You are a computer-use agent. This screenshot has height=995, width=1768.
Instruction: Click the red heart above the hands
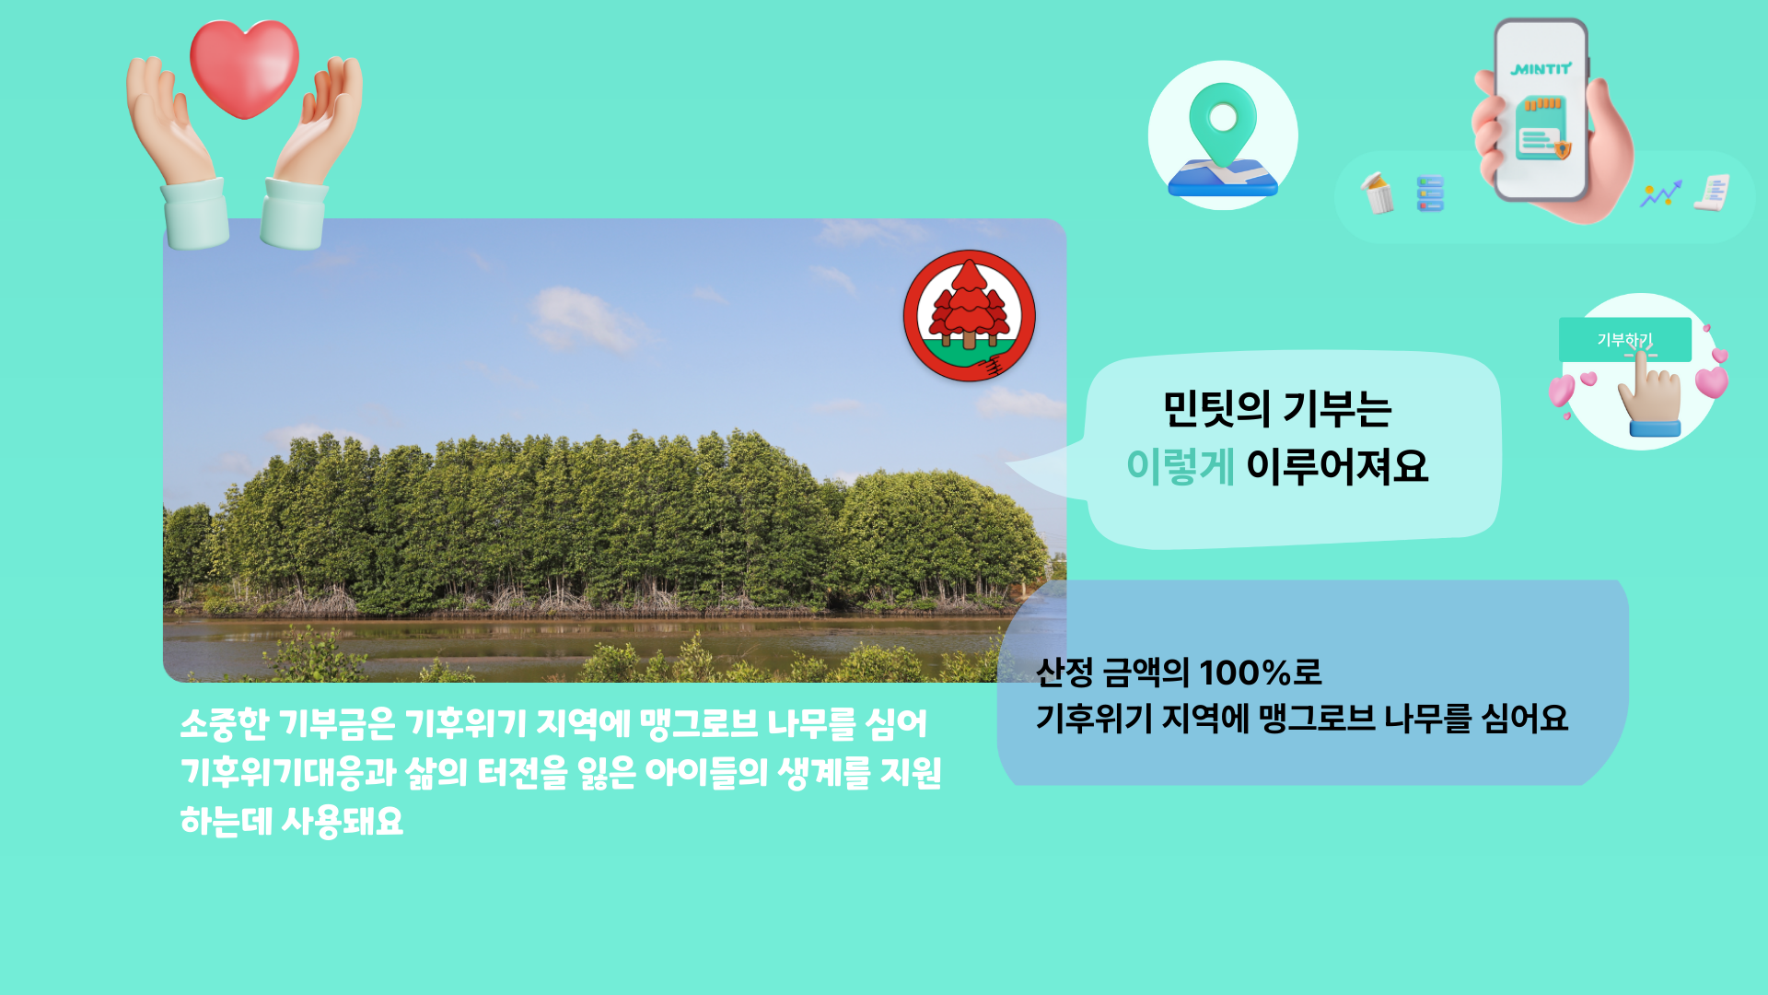tap(244, 69)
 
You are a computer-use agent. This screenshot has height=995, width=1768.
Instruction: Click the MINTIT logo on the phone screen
tap(1541, 69)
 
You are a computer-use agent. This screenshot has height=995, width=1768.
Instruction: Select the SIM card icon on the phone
tap(1541, 127)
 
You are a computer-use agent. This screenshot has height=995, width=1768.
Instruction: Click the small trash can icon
tap(1378, 193)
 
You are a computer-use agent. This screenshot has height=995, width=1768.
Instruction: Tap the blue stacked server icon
tap(1430, 193)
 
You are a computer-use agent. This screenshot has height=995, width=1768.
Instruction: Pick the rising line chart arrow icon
tap(1661, 193)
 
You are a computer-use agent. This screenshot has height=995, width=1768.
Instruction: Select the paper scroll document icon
tap(1712, 193)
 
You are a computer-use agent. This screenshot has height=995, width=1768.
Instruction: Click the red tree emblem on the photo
tap(970, 316)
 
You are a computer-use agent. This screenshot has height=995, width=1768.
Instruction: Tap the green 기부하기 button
tap(1625, 340)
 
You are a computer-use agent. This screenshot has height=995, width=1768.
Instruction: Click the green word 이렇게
tap(1181, 466)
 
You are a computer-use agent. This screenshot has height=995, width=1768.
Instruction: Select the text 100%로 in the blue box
tap(1261, 673)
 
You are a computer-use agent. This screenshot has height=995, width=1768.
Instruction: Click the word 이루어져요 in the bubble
tap(1337, 466)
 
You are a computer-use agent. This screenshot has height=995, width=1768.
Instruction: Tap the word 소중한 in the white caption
tap(224, 724)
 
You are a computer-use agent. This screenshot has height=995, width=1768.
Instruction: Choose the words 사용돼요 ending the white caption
tap(342, 821)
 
